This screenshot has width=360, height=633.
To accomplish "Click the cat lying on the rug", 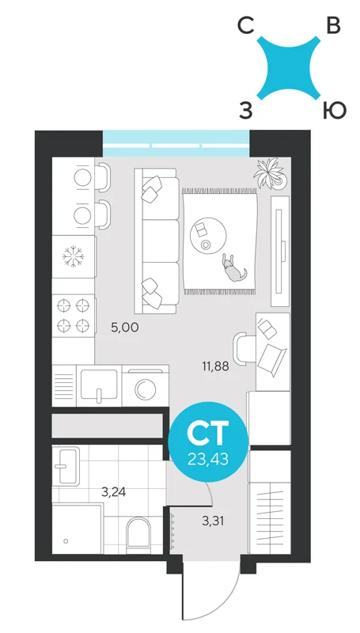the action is point(232,268).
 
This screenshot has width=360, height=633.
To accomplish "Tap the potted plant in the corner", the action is point(271,173).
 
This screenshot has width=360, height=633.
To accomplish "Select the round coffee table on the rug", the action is point(208,236).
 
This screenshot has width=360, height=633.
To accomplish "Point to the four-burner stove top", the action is point(73,315).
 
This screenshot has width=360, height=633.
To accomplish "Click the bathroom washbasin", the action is point(66,466).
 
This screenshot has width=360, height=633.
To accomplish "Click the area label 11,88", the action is point(215,367).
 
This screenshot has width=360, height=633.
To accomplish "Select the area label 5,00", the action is point(125,327).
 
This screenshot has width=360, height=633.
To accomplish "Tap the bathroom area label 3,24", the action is point(113,492).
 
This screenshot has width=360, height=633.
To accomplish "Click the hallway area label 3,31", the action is point(213,521).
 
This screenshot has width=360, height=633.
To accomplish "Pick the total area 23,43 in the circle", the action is point(208,459).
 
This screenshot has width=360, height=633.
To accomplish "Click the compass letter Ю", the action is point(334,110).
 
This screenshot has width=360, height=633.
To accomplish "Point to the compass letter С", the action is point(245,27).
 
